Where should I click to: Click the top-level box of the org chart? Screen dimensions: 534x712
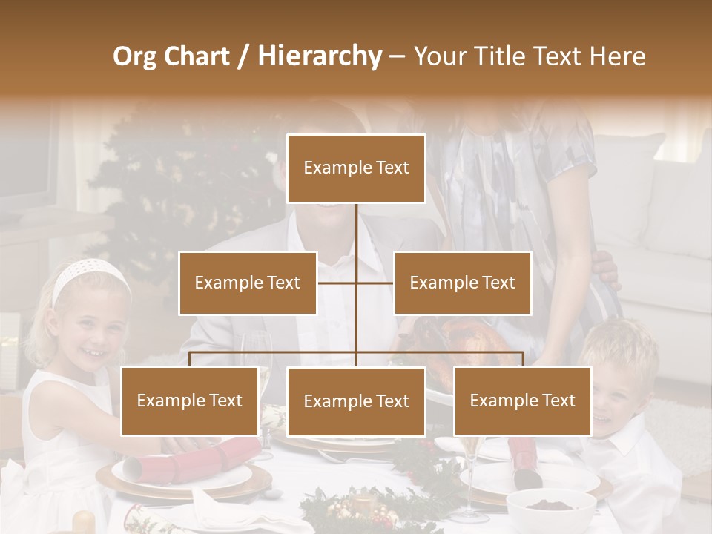pyautogui.click(x=356, y=168)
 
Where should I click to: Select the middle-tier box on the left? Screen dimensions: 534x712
pyautogui.click(x=248, y=283)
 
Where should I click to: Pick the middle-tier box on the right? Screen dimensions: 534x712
pyautogui.click(x=462, y=283)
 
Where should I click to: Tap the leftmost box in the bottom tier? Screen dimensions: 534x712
pyautogui.click(x=190, y=400)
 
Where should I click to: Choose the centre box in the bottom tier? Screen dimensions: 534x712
pyautogui.click(x=356, y=401)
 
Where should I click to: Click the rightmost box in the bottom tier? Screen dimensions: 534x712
pyautogui.click(x=522, y=400)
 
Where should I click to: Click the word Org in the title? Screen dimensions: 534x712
pyautogui.click(x=134, y=56)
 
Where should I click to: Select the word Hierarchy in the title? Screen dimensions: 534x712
pyautogui.click(x=319, y=56)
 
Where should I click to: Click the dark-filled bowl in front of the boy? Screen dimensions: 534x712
pyautogui.click(x=550, y=507)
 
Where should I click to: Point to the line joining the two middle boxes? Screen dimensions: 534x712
pyautogui.click(x=356, y=283)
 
